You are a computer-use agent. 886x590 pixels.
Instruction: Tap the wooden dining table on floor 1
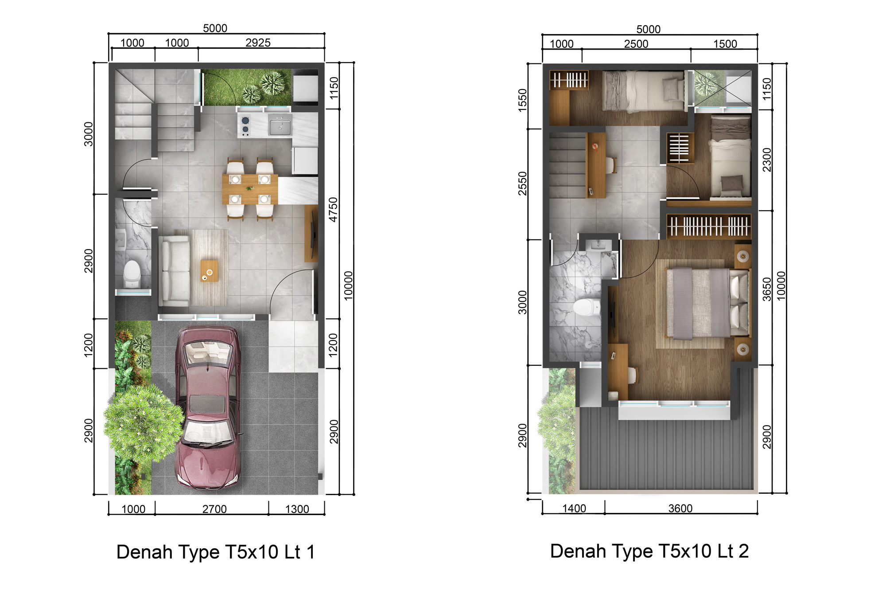point(250,189)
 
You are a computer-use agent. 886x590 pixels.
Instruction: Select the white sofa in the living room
point(174,270)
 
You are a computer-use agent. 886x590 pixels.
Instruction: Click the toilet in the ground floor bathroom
point(132,274)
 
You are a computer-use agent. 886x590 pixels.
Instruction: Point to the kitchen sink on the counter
point(280,126)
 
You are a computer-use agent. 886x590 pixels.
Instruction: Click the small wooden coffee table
point(209,271)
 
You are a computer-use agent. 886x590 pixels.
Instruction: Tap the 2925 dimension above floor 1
point(258,43)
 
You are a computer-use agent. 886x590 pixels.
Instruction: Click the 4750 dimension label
point(333,210)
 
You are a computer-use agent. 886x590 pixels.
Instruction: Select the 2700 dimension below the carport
point(214,509)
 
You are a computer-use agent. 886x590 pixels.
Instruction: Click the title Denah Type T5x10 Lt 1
point(216,552)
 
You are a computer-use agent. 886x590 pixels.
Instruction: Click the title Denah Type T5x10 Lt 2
point(649,551)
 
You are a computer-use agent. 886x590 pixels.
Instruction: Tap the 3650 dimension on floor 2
point(767,289)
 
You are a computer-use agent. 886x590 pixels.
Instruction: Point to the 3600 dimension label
point(680,508)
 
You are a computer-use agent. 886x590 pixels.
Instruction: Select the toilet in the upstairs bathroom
point(587,307)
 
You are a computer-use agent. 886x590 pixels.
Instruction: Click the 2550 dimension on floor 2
point(523,183)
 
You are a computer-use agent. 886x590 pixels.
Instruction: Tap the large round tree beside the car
point(144,423)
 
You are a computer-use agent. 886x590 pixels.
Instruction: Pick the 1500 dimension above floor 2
point(725,44)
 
